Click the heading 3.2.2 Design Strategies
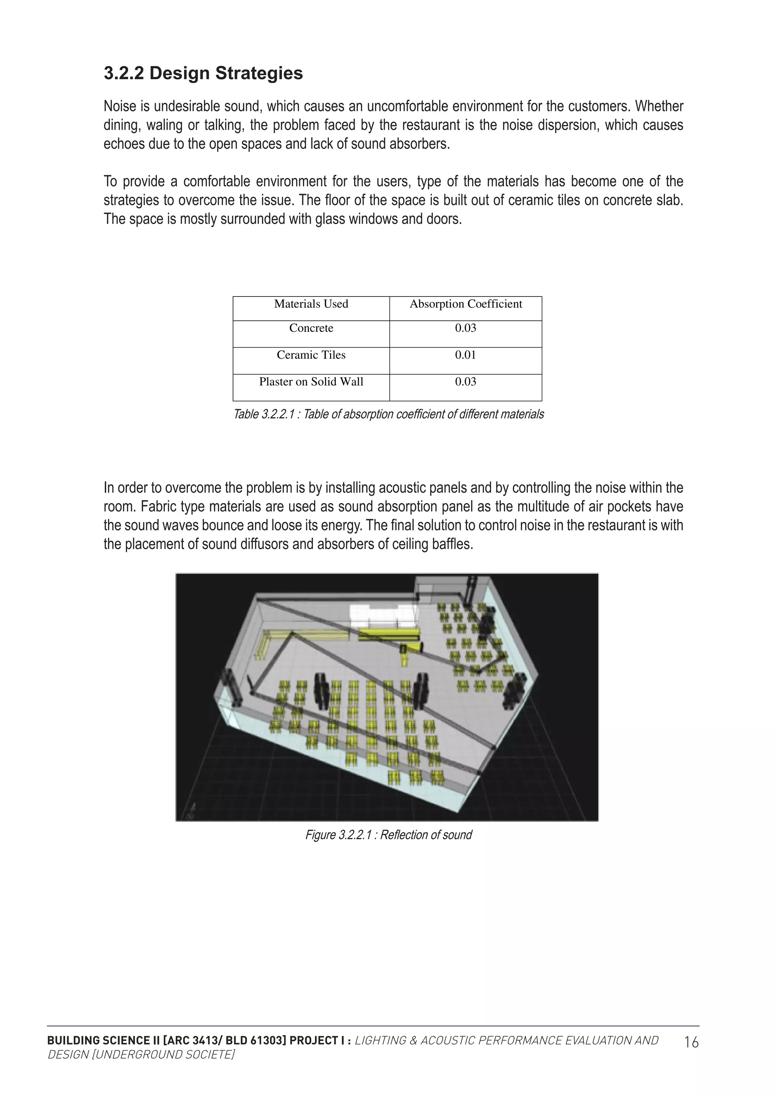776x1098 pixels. tap(203, 73)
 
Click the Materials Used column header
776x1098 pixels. tap(311, 304)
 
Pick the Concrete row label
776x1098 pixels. tap(311, 328)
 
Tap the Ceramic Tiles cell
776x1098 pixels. tap(311, 355)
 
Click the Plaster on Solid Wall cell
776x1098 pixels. tap(311, 382)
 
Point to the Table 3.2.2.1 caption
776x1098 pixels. tap(388, 414)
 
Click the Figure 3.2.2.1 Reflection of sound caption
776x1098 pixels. tap(388, 835)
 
